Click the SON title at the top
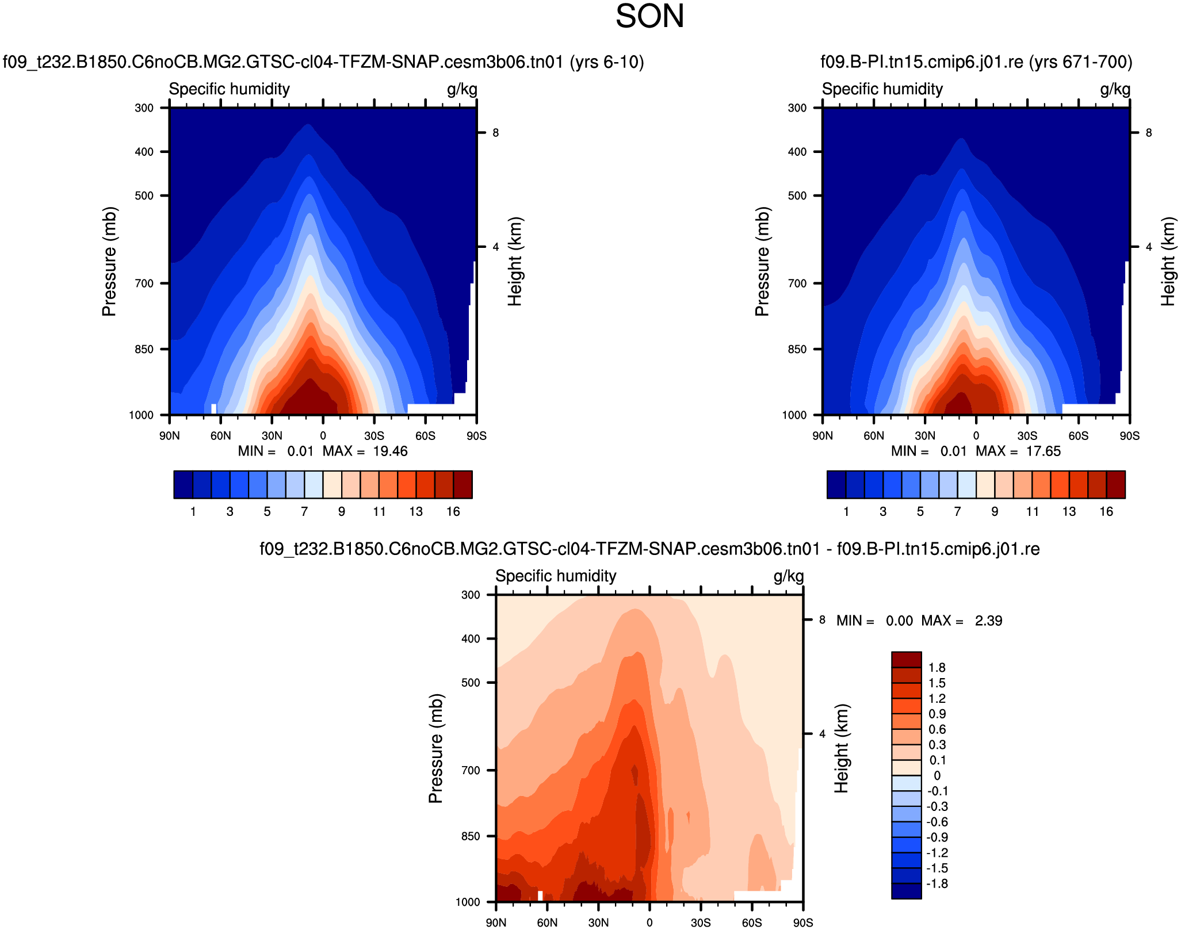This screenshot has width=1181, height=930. tap(649, 16)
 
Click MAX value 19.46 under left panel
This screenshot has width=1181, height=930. tap(390, 451)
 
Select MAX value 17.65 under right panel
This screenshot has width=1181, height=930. tap(1043, 451)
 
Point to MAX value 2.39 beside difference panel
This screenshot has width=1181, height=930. tap(988, 621)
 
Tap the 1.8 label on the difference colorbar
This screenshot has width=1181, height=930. tap(937, 668)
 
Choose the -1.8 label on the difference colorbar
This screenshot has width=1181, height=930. tap(937, 884)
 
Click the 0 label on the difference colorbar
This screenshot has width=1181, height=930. tap(937, 776)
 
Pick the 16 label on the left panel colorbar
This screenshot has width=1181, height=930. tap(453, 512)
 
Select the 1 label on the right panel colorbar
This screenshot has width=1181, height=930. tap(846, 512)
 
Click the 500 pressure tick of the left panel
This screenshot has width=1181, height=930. tap(144, 196)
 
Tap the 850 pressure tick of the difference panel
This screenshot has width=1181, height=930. tap(471, 836)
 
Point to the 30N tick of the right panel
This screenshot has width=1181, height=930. tap(925, 436)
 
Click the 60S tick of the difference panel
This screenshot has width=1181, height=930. tap(752, 923)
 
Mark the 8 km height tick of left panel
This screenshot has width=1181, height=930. tap(495, 133)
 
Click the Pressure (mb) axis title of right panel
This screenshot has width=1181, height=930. tap(762, 262)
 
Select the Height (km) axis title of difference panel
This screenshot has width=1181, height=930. tap(842, 748)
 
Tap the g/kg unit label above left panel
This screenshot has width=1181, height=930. tap(462, 89)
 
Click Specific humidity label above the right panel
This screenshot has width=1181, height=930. tap(882, 89)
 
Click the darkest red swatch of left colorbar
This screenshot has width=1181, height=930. tap(463, 484)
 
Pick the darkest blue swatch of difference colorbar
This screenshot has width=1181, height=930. tap(907, 891)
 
